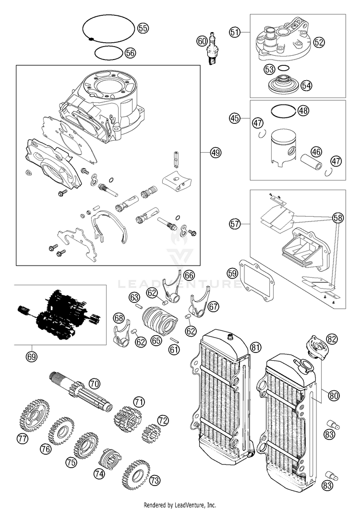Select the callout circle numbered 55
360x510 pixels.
point(143,28)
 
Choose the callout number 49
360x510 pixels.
point(215,152)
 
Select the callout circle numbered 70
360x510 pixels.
point(94,384)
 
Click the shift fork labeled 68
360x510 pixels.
point(121,332)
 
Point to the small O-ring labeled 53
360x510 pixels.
point(284,68)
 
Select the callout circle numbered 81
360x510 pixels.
point(256,348)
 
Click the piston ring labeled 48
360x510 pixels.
point(283,111)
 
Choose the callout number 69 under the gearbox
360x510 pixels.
point(32,357)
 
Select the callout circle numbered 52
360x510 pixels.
point(319,42)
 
